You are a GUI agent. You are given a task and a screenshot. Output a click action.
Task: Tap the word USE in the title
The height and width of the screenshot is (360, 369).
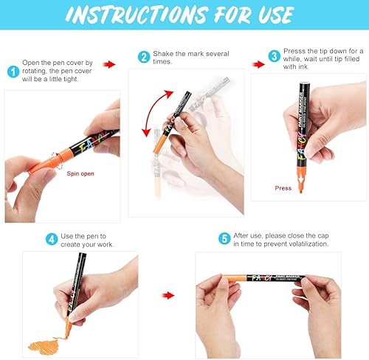[276, 15]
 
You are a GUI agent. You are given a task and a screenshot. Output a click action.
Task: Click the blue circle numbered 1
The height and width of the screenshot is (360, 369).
[13, 72]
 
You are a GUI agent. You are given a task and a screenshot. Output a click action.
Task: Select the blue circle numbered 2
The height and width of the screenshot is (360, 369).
[144, 57]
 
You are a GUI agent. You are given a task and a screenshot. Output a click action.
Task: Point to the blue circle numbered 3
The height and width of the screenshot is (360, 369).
[275, 56]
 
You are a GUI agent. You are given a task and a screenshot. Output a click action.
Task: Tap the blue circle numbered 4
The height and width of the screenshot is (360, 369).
[52, 239]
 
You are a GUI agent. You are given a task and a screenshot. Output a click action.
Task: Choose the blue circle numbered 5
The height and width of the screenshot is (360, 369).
[224, 238]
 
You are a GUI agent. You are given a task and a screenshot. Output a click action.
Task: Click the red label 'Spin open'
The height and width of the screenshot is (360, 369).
[80, 173]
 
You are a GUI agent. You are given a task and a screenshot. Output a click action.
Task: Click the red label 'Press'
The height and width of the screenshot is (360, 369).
[283, 188]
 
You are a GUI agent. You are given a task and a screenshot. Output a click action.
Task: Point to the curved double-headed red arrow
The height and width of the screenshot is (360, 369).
[151, 109]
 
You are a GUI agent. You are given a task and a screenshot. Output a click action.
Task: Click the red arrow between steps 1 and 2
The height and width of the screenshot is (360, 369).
[109, 64]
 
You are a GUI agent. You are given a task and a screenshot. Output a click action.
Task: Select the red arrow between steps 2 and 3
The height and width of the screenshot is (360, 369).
[258, 64]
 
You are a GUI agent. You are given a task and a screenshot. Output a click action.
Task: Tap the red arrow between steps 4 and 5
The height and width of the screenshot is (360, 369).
[168, 295]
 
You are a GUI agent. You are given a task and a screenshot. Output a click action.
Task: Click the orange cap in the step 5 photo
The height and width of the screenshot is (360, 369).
[234, 278]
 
